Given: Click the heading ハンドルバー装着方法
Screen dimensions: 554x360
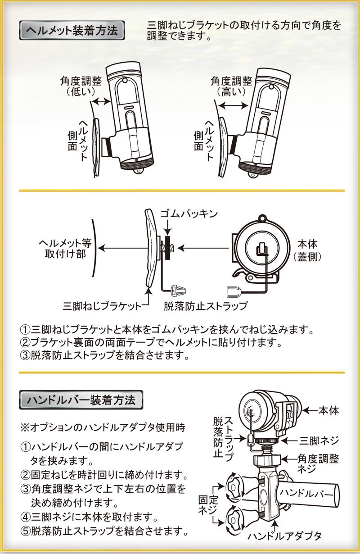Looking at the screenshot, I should pos(81,400).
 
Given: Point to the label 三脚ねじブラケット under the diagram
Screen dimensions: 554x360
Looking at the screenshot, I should pos(102,306).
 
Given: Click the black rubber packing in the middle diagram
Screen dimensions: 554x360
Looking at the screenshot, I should pos(168,247).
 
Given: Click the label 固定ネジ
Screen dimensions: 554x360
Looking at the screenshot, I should pos(207,504).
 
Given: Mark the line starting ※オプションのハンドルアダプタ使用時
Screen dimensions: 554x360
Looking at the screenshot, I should pos(103,426).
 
